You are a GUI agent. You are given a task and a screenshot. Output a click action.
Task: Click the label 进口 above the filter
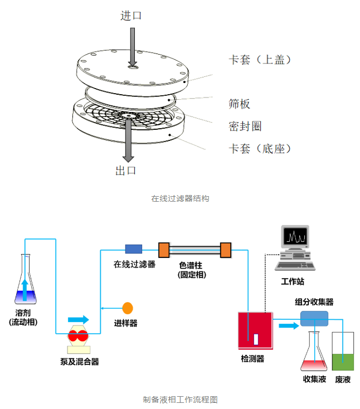pyautogui.click(x=131, y=16)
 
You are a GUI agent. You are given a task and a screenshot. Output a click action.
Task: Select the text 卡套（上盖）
pyautogui.click(x=260, y=59)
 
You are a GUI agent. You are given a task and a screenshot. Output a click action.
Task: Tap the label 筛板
pyautogui.click(x=240, y=104)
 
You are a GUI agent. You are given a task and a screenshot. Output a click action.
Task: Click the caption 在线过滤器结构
pyautogui.click(x=180, y=198)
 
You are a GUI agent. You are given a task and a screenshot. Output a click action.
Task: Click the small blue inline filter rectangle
pyautogui.click(x=133, y=249)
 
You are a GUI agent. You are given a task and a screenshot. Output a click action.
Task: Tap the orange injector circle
pyautogui.click(x=128, y=307)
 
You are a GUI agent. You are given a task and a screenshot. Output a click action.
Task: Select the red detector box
pyautogui.click(x=255, y=330)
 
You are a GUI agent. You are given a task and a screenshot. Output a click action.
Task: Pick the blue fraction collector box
pyautogui.click(x=315, y=318)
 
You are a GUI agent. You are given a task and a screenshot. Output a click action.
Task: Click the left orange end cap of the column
pyautogui.click(x=164, y=250)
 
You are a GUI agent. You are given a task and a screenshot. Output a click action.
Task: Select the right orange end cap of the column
pyautogui.click(x=226, y=250)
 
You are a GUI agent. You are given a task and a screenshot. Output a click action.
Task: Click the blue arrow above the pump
pyautogui.click(x=78, y=319)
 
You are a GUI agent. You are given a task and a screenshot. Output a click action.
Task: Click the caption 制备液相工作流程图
pyautogui.click(x=180, y=400)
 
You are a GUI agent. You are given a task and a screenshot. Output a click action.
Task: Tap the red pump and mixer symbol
pyautogui.click(x=79, y=336)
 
